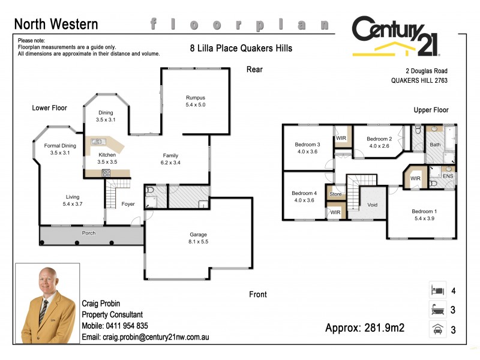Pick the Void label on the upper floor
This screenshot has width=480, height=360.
tap(373, 205)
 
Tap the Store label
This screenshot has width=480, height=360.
tap(335, 194)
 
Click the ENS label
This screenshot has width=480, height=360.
tap(448, 176)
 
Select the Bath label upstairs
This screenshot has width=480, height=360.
tap(434, 145)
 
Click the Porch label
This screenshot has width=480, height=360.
tap(89, 233)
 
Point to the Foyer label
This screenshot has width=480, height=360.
tap(128, 204)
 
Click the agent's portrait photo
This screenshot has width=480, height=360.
tap(47, 304)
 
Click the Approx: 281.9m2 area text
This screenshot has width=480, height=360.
tap(365, 328)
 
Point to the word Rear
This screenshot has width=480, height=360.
tap(254, 70)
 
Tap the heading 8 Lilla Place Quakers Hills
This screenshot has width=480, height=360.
tap(241, 48)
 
